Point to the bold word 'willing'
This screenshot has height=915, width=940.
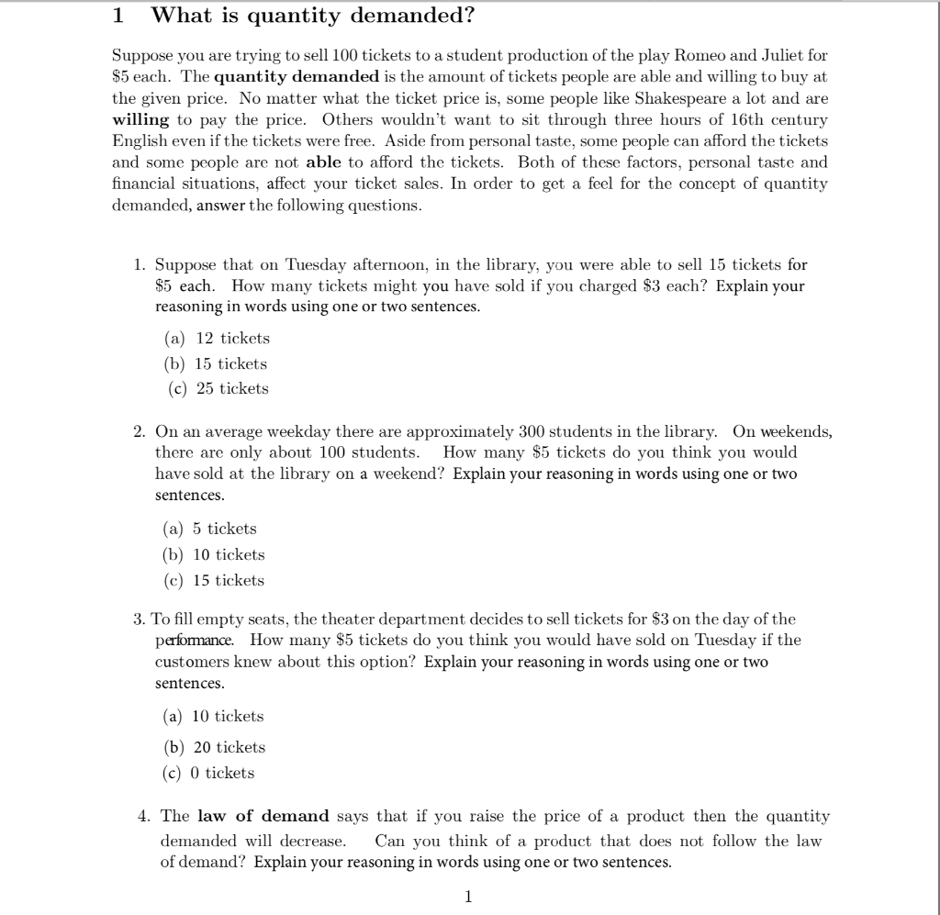coord(140,120)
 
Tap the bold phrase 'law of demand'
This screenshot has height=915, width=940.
coord(263,816)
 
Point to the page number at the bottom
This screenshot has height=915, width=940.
coord(468,896)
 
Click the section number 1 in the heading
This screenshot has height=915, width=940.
coord(117,16)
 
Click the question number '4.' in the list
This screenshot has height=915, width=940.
coord(140,816)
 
